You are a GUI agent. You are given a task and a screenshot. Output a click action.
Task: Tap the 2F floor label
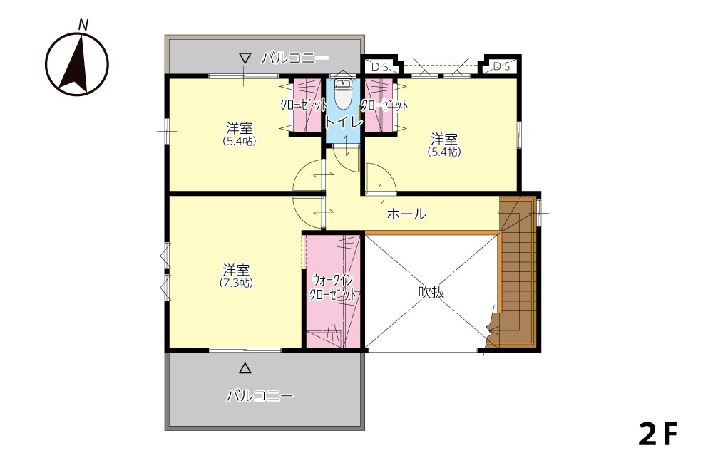pos(658,434)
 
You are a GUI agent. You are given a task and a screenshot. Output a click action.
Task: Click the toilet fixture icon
pos(342,95)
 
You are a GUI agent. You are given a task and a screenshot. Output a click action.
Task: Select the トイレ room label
pos(344,122)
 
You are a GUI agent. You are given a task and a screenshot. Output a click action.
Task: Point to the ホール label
pos(406,214)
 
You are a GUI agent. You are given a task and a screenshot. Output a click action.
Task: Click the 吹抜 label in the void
pos(431,291)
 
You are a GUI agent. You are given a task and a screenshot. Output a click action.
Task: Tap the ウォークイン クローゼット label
pos(333,287)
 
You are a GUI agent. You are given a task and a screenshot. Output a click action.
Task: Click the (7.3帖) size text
pos(236,283)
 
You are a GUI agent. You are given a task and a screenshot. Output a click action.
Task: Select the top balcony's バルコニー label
pos(294,58)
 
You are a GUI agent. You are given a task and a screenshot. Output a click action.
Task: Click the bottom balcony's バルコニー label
pos(260,395)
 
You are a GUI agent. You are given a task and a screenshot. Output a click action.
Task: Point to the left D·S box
pos(380,67)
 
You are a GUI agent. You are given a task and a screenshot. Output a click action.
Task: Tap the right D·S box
pos(501,67)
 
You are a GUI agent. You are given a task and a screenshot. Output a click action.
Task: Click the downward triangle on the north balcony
pos(245,58)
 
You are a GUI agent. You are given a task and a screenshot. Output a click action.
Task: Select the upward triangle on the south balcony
pos(245,368)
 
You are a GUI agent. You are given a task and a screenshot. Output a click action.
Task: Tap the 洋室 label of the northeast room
pos(444,138)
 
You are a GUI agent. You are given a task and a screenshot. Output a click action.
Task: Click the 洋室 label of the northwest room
pos(239,128)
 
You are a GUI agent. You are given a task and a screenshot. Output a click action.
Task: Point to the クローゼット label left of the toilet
pos(303,105)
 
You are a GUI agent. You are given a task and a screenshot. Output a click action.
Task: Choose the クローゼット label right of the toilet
pos(384,105)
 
